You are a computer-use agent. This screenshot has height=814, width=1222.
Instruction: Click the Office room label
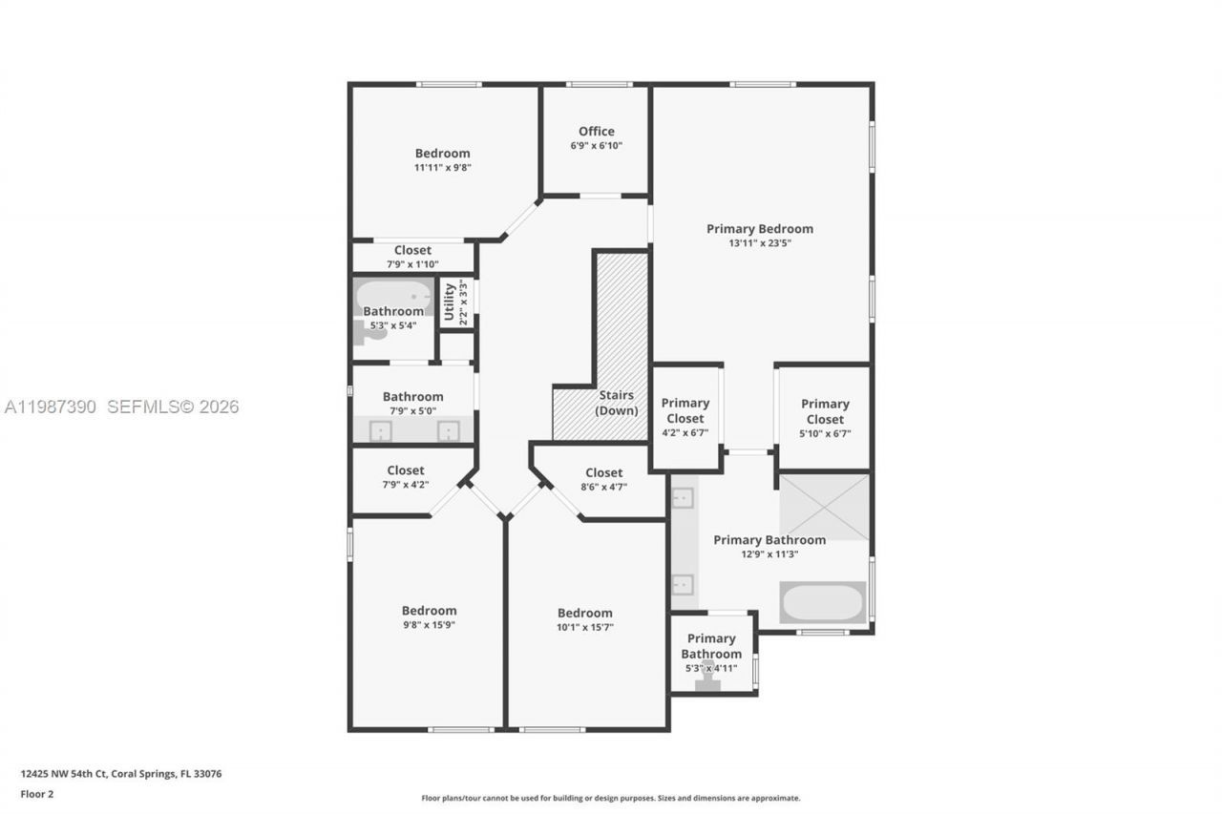click(596, 132)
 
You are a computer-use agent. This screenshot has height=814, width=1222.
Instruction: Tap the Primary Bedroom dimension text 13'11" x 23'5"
click(760, 243)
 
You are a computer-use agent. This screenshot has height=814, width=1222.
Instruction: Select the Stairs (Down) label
click(616, 403)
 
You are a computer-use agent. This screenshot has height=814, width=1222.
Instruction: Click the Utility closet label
click(450, 302)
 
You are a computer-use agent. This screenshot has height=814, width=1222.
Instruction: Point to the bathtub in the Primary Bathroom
click(822, 602)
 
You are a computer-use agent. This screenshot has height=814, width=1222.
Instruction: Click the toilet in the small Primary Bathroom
click(708, 676)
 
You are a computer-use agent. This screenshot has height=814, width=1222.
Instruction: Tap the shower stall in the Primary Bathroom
click(825, 506)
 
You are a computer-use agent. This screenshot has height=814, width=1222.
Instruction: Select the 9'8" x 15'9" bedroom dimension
click(429, 626)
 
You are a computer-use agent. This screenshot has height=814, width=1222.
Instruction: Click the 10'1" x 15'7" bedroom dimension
click(585, 628)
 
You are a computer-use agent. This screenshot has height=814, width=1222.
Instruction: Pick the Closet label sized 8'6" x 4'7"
click(603, 472)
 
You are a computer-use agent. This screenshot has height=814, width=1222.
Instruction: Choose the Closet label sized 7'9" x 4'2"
click(406, 470)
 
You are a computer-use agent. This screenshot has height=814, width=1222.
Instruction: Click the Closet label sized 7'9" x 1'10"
click(412, 250)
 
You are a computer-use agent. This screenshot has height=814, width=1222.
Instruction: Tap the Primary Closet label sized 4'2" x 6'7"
click(685, 410)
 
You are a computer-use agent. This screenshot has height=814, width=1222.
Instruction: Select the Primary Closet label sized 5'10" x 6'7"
click(825, 411)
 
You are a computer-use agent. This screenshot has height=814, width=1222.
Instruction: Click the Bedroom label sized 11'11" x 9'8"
click(442, 153)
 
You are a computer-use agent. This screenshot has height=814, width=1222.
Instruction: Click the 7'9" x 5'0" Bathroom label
click(412, 396)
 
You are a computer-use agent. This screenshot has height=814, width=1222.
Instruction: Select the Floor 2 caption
click(37, 794)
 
